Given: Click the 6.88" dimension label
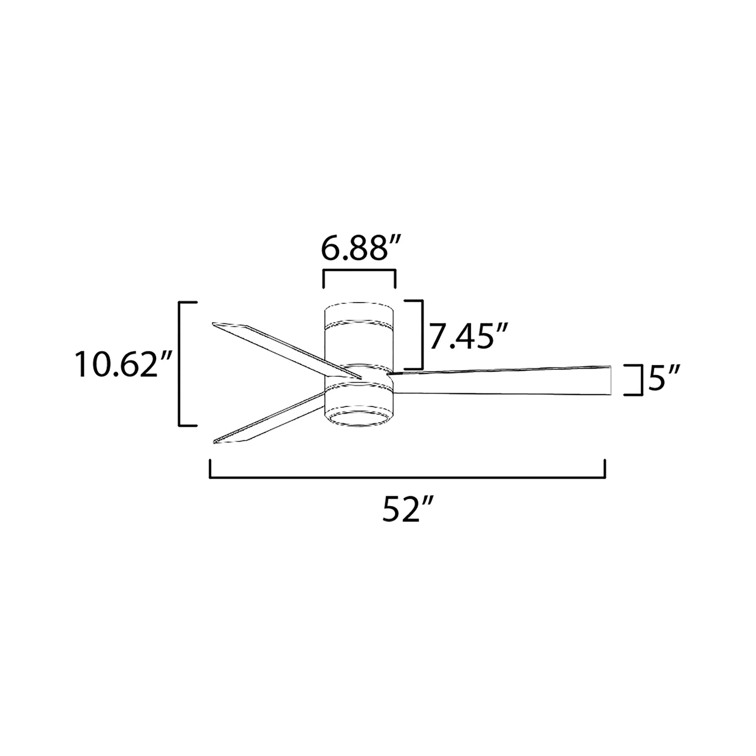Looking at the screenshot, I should (x=359, y=249).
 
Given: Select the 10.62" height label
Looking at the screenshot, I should (x=124, y=365).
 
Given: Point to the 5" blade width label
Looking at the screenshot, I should (x=664, y=378).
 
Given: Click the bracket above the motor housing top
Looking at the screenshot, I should (x=359, y=270).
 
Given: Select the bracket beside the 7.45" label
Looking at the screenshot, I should (x=422, y=334).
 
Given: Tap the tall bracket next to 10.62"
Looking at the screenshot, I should (x=180, y=364).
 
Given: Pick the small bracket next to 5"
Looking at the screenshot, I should (x=642, y=380).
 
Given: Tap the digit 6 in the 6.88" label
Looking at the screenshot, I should (x=329, y=249).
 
